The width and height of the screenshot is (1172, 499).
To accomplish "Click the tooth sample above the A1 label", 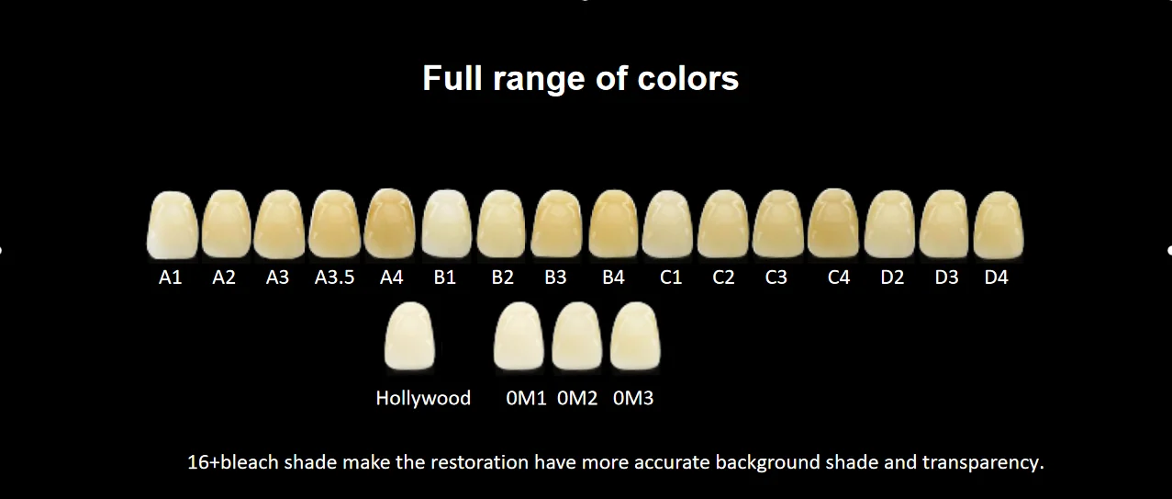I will point(173,225).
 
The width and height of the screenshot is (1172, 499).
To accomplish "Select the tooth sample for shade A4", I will point(391,225).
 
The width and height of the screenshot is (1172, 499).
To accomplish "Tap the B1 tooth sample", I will point(447,225).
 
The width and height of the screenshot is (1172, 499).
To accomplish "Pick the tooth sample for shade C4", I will point(833,225).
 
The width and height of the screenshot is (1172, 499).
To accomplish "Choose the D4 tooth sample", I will point(999,225).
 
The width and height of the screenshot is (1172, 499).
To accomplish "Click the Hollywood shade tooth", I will point(411,337).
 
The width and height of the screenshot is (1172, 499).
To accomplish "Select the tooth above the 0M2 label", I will point(576,337).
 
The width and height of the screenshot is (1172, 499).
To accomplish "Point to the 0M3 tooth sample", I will point(635,337).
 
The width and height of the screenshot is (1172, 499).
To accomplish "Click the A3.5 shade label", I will point(334,278).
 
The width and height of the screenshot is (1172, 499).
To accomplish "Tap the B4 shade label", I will point(613,278).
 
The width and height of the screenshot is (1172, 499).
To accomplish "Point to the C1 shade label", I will point(671,278).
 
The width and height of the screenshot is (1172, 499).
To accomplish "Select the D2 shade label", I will point(892,278).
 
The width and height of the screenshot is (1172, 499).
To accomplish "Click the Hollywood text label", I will point(423,399).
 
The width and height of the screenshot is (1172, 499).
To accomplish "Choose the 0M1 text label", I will point(526,399).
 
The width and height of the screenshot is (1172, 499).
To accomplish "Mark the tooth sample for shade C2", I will point(723,225).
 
